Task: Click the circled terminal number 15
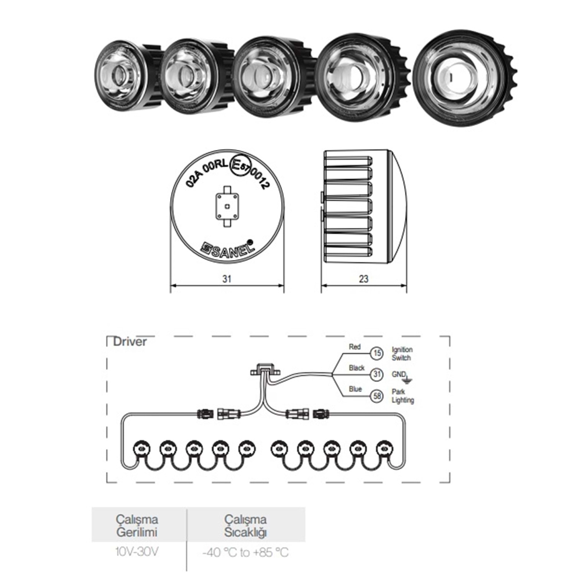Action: click(x=377, y=353)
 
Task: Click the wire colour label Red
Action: click(x=355, y=347)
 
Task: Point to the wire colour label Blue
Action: click(x=355, y=389)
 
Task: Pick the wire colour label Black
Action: click(x=356, y=368)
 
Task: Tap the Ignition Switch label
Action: click(x=402, y=353)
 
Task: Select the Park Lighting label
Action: click(x=402, y=396)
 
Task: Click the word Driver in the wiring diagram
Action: click(x=130, y=342)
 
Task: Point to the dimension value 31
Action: click(x=227, y=279)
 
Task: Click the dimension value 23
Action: click(x=363, y=279)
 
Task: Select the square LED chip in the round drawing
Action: click(x=227, y=206)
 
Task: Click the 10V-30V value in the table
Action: click(x=136, y=552)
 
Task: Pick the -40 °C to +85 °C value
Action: click(x=245, y=552)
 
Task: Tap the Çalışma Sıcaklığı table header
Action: click(x=245, y=526)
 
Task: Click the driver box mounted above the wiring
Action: click(x=264, y=371)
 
